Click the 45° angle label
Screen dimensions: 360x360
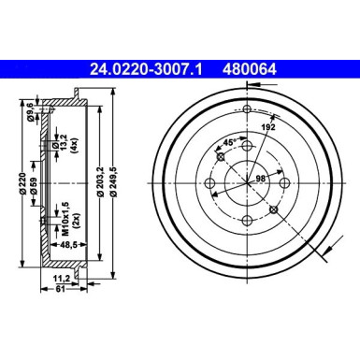(x=228, y=143)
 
